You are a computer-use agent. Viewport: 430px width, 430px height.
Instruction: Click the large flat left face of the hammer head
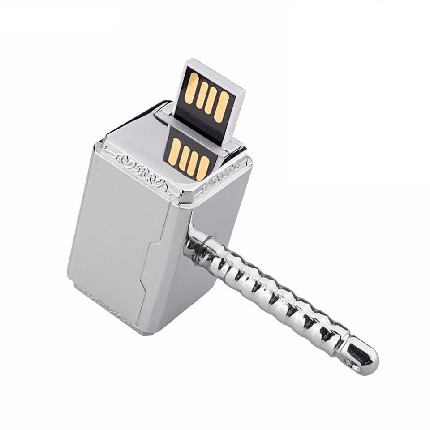(x=112, y=224)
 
